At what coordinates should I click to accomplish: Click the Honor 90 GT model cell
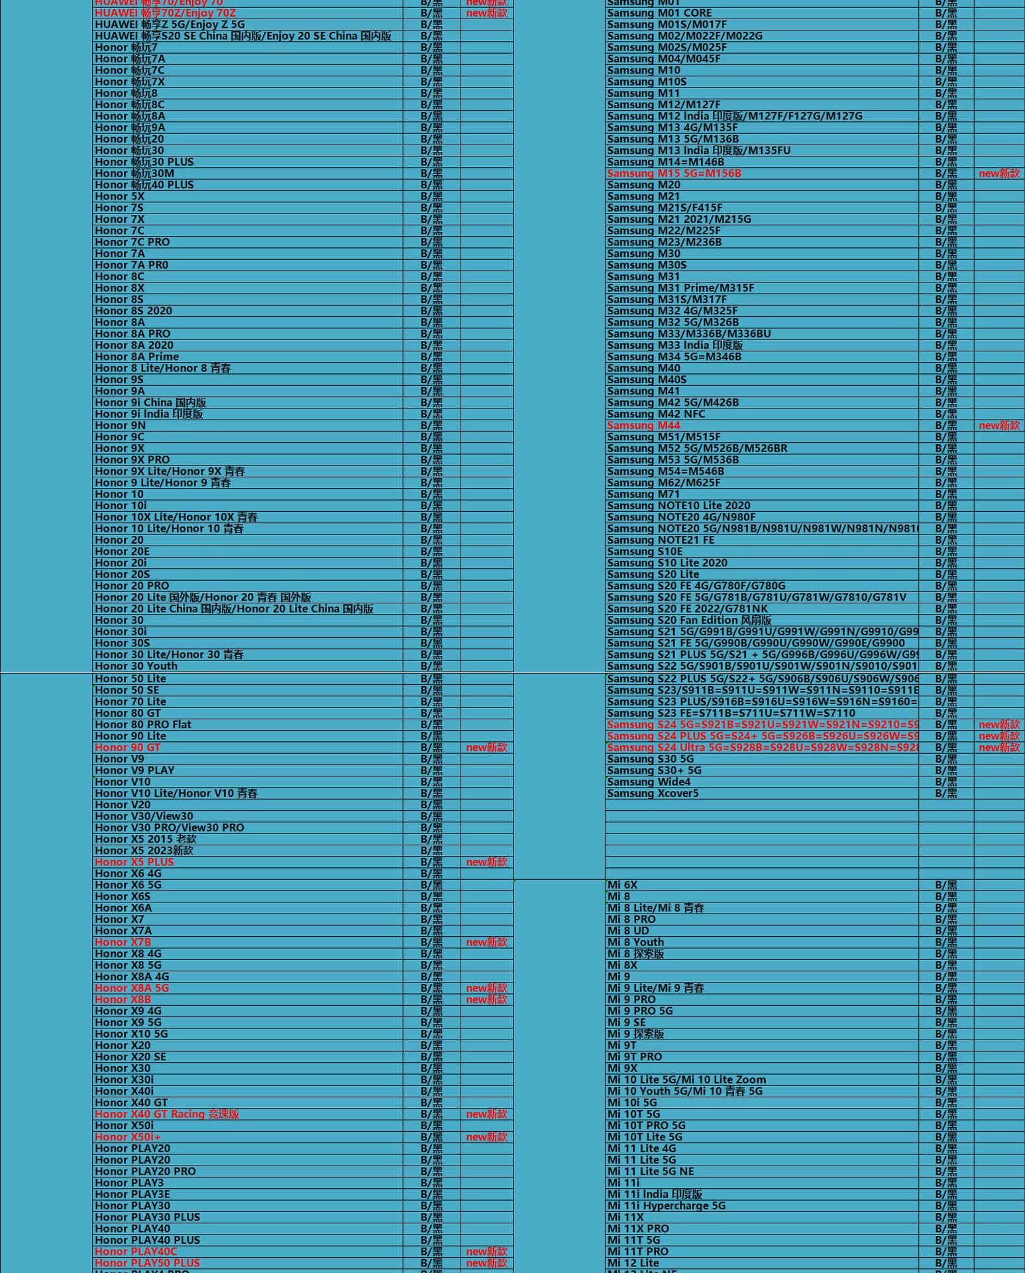coord(128,747)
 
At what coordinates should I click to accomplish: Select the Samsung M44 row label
coord(643,426)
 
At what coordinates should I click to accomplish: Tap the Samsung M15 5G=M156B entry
coord(674,174)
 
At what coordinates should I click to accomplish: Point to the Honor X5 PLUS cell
coord(135,862)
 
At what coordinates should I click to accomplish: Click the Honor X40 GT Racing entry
coord(167,1114)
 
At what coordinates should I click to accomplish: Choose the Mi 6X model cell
coord(622,885)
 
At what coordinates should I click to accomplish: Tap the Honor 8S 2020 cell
coord(133,311)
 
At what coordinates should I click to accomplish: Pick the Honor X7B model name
coord(123,942)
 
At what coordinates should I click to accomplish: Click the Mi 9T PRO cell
coord(635,1057)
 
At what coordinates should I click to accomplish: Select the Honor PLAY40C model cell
coord(136,1251)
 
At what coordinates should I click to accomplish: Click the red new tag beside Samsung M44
coord(999,426)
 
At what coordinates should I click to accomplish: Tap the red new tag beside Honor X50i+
coord(486,1137)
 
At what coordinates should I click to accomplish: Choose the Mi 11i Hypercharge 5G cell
coord(667,1206)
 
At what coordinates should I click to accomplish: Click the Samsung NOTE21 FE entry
coord(661,540)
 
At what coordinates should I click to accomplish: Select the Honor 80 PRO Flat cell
coord(143,725)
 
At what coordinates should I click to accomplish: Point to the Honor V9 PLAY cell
coord(135,770)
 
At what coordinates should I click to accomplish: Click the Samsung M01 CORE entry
coord(659,13)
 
